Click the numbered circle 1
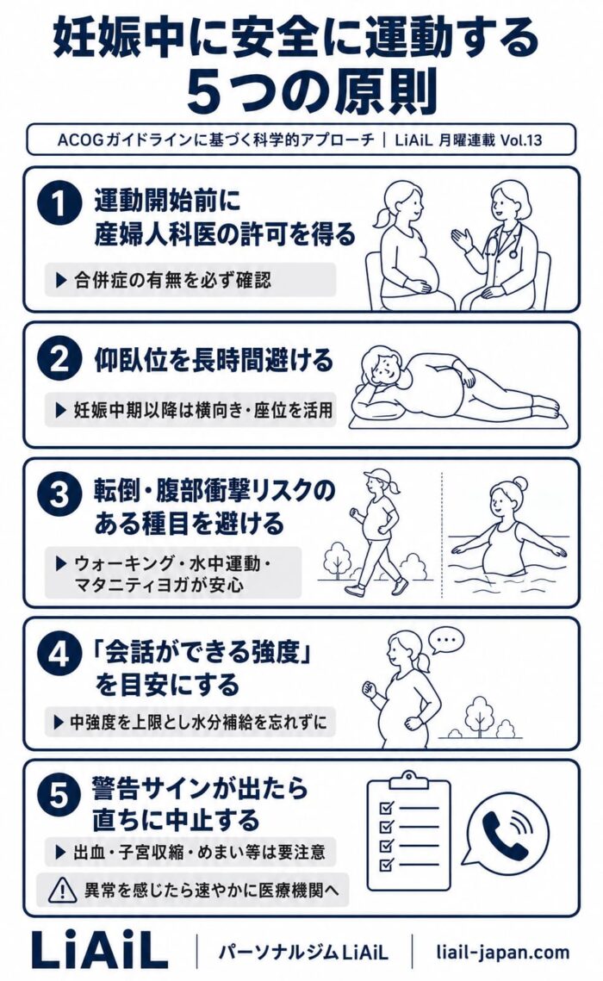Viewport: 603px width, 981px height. [x=59, y=202]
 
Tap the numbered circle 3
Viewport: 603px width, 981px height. [x=59, y=494]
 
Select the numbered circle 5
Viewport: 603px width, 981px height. [x=59, y=796]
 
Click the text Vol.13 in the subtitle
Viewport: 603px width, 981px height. [x=521, y=140]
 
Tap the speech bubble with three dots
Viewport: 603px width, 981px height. [x=446, y=640]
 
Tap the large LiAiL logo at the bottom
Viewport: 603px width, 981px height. [x=98, y=951]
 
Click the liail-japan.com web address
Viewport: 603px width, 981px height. [x=503, y=953]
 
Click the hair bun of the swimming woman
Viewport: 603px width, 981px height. [x=519, y=484]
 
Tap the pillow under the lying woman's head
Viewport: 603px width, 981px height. [x=373, y=408]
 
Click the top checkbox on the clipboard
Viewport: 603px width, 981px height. [x=387, y=809]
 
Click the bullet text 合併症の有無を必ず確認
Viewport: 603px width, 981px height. [x=172, y=280]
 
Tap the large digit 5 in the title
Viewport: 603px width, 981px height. [x=208, y=94]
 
